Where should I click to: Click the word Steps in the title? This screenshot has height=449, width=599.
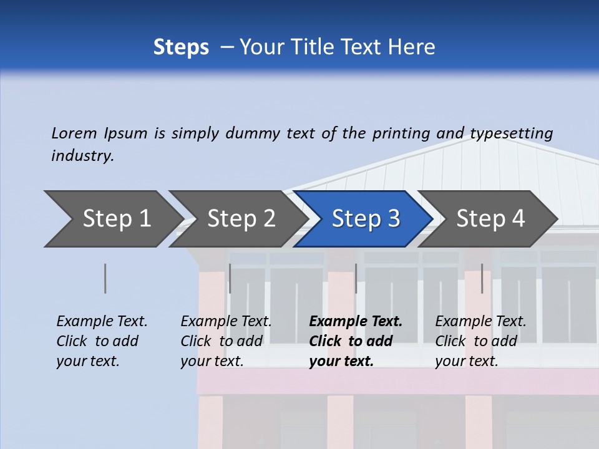pyautogui.click(x=181, y=47)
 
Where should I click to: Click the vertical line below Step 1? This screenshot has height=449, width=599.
pyautogui.click(x=105, y=278)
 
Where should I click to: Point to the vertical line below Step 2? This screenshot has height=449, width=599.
pyautogui.click(x=230, y=278)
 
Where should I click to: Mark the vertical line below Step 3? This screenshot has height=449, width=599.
pyautogui.click(x=356, y=278)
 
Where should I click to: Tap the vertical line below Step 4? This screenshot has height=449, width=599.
pyautogui.click(x=482, y=278)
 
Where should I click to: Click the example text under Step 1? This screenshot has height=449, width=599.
pyautogui.click(x=102, y=341)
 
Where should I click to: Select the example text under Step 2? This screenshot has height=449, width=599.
pyautogui.click(x=226, y=341)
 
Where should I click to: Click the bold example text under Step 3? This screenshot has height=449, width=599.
pyautogui.click(x=355, y=341)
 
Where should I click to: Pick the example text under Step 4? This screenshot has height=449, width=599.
pyautogui.click(x=480, y=341)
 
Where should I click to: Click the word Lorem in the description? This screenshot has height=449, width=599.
pyautogui.click(x=74, y=133)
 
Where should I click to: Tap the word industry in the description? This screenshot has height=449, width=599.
pyautogui.click(x=82, y=156)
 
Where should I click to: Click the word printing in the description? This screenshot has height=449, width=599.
pyautogui.click(x=401, y=133)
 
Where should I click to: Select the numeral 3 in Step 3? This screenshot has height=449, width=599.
pyautogui.click(x=393, y=219)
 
